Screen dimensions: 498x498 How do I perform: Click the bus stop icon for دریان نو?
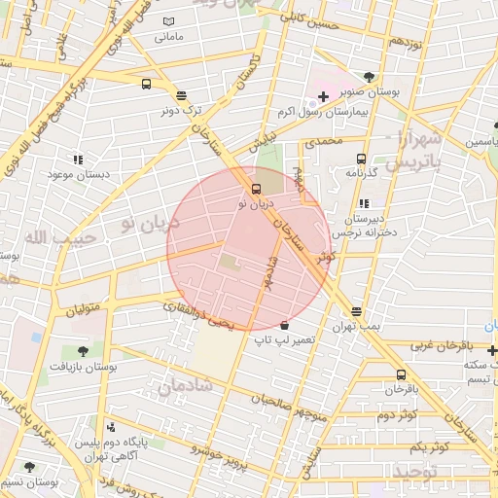pos(257,189)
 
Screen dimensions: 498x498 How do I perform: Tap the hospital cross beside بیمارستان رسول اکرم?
pos(324,97)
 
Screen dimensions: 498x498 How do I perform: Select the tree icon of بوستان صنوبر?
pos(369,77)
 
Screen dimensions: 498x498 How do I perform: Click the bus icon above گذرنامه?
pos(361,159)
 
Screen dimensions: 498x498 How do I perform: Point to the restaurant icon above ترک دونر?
pos(181,94)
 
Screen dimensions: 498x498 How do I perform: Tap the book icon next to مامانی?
pos(169,21)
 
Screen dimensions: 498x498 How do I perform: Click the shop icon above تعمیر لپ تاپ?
pos(284,325)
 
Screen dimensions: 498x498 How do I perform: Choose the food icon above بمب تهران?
pos(357,311)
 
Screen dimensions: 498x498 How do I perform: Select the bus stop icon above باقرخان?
pos(401,374)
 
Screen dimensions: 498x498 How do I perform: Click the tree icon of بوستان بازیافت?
pos(81,351)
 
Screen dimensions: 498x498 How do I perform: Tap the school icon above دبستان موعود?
pos(78,160)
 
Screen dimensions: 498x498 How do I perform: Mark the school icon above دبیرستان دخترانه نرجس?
pos(364,203)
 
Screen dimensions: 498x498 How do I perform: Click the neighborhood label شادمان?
pos(182,388)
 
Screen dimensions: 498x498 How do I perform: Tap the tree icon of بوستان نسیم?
pos(28,467)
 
